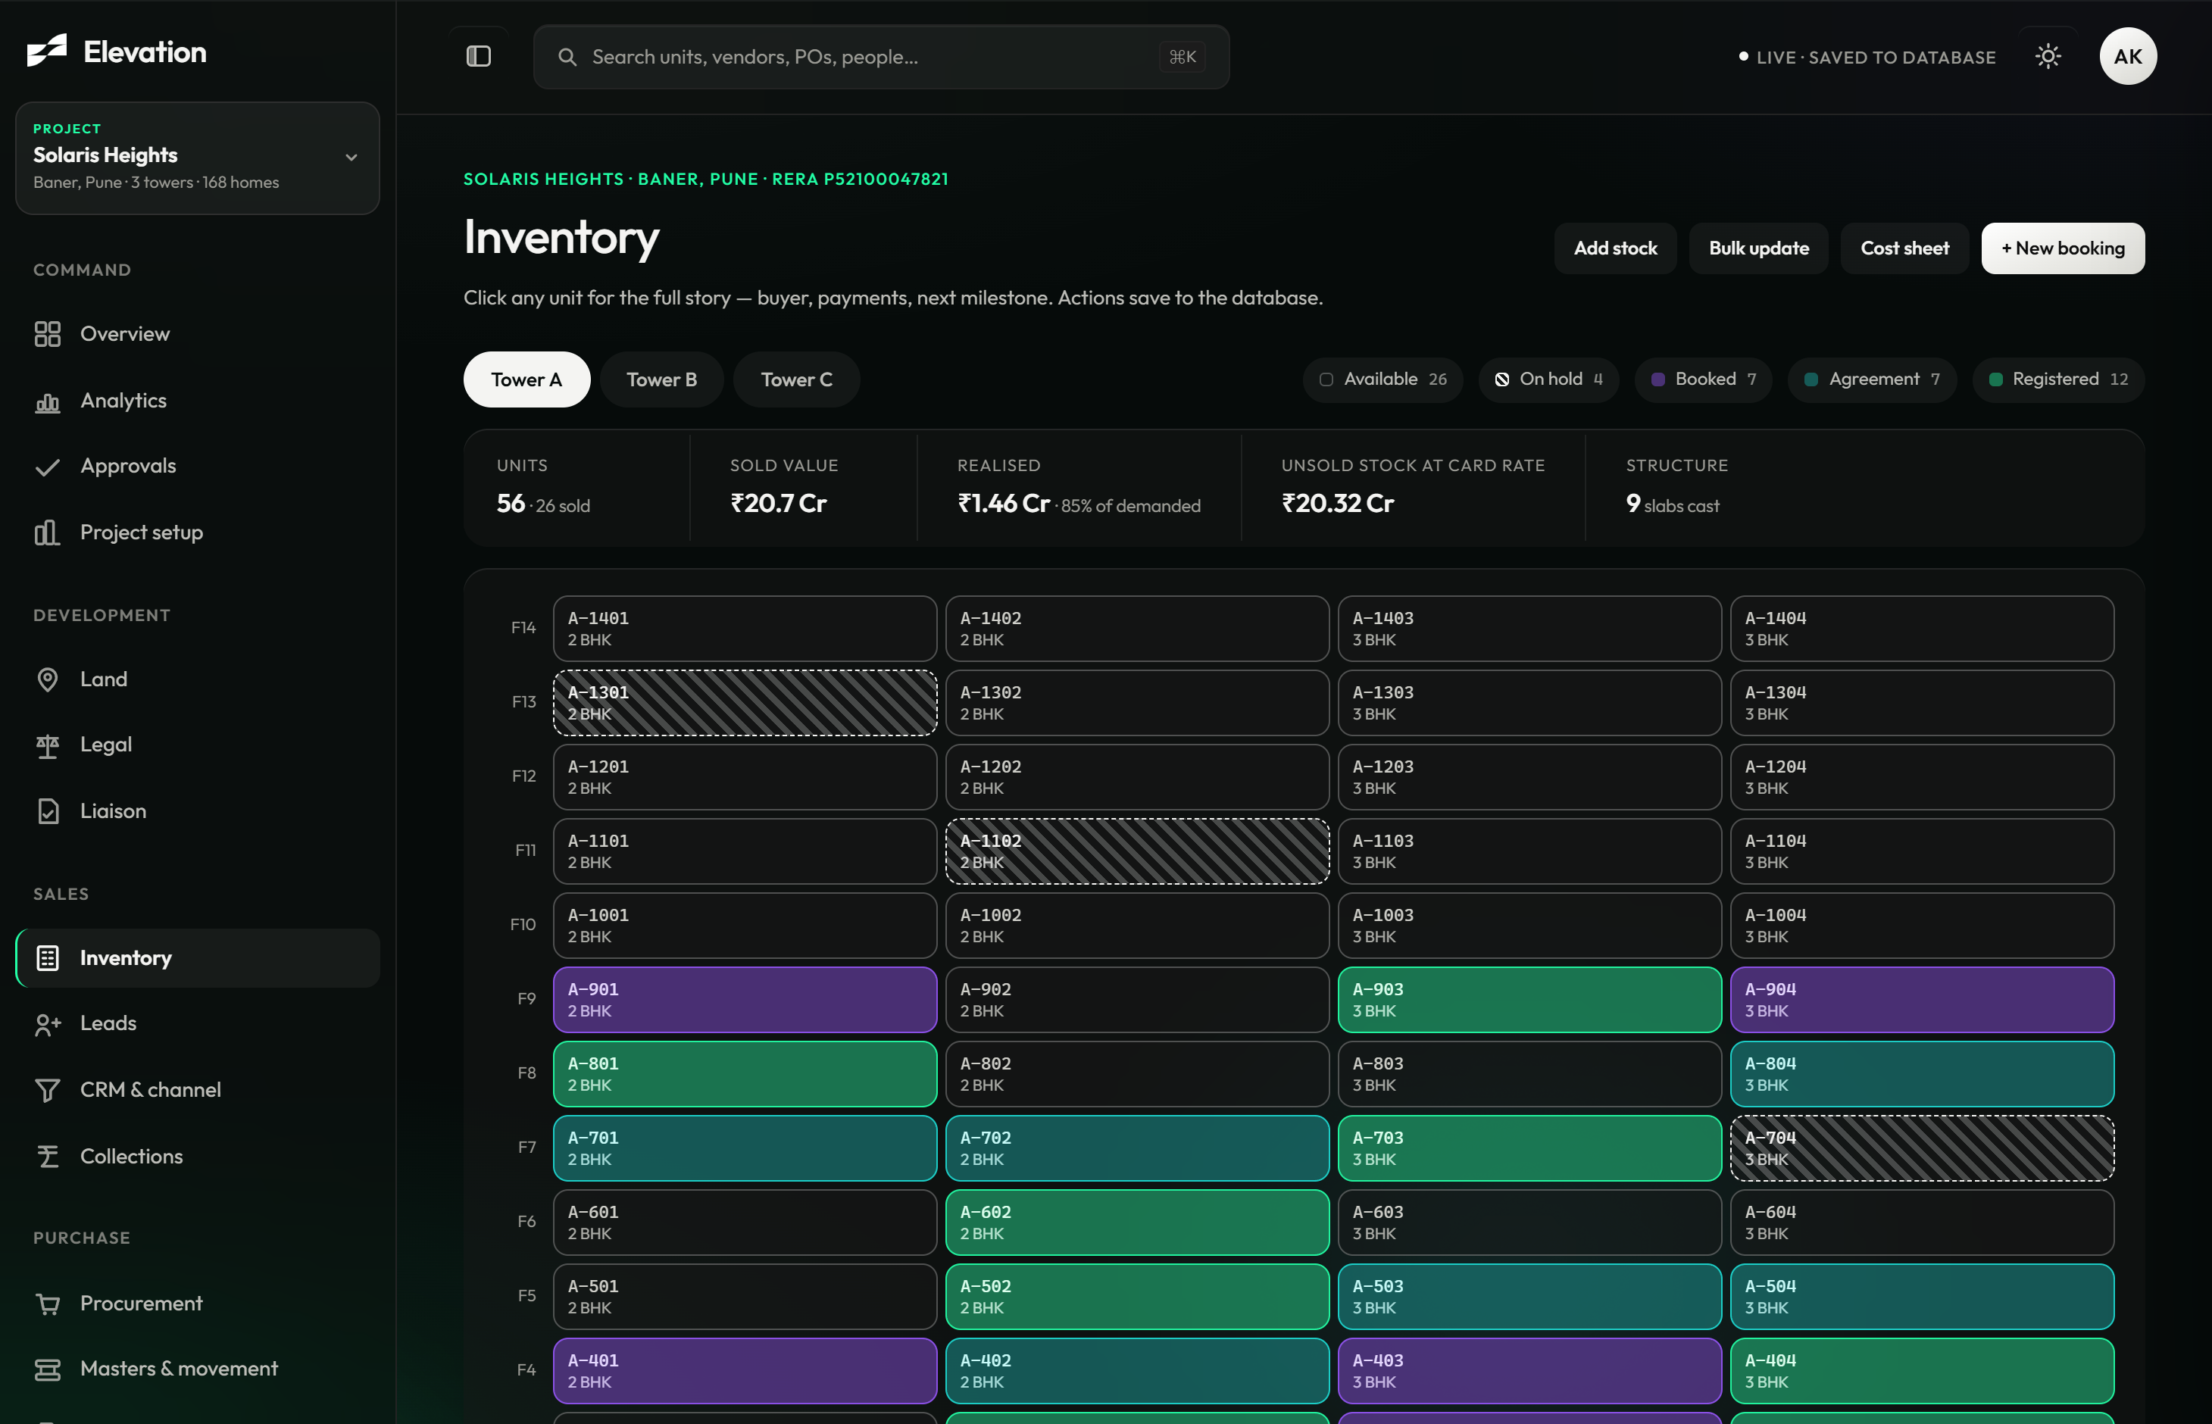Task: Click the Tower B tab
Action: [661, 379]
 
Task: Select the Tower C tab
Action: [796, 379]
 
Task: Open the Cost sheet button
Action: [1904, 248]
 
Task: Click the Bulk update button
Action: [1759, 248]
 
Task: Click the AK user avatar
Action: [2128, 56]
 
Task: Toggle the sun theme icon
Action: [2048, 56]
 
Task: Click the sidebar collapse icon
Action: [478, 56]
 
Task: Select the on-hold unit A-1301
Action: [745, 703]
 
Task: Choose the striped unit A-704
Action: [1922, 1148]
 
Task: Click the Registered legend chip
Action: [2058, 379]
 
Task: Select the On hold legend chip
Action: [1549, 379]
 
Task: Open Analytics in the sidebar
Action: [123, 401]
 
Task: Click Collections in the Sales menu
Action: [131, 1156]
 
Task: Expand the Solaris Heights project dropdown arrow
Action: [351, 158]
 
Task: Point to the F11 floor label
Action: [525, 850]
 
